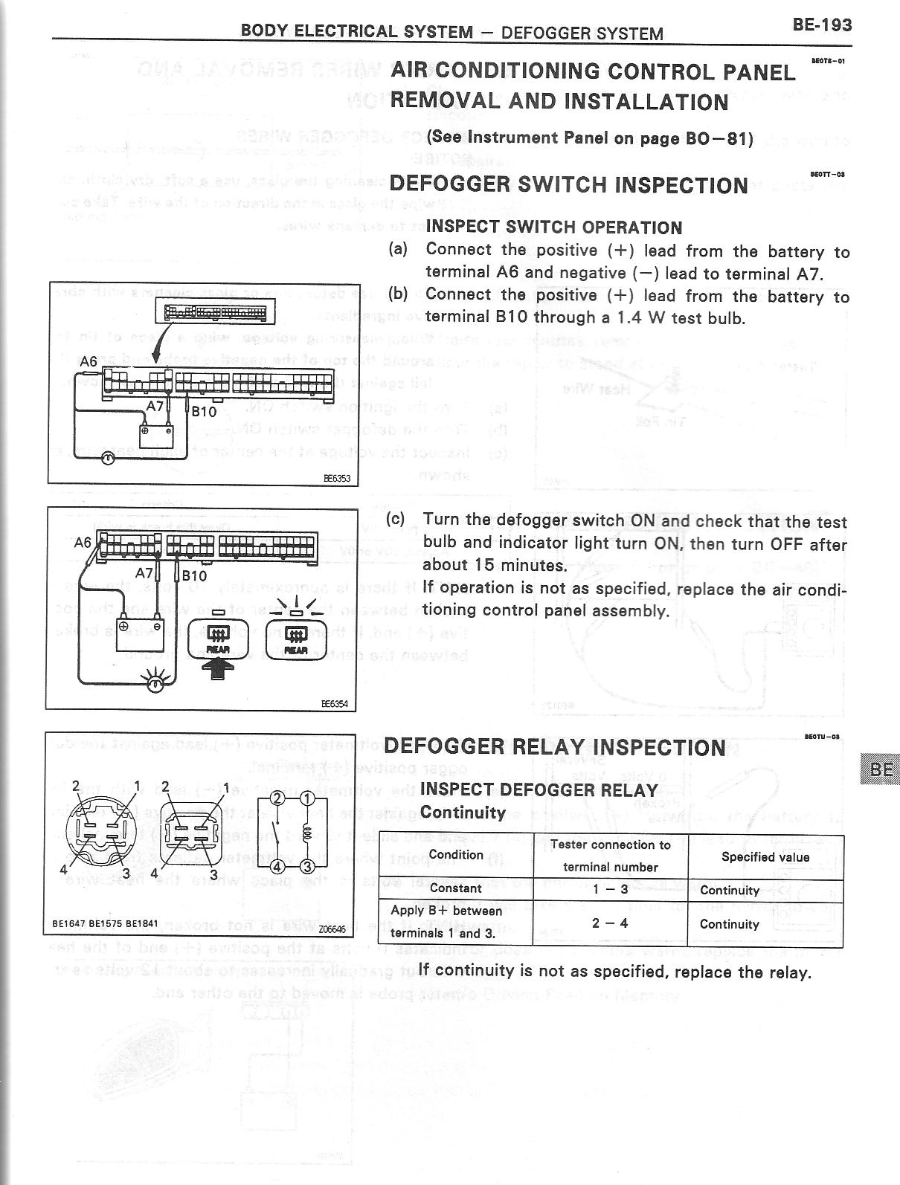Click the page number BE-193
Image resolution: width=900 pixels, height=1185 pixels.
[x=821, y=25]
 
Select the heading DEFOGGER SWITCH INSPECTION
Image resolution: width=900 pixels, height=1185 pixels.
[x=568, y=184]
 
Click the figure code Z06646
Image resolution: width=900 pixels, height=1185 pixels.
[x=332, y=929]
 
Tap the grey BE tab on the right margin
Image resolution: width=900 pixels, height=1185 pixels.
[x=880, y=769]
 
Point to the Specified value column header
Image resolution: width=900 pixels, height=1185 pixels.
[x=765, y=856]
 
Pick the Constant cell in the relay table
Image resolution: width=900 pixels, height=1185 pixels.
[x=455, y=888]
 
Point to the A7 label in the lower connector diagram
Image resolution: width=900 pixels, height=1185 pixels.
[x=144, y=573]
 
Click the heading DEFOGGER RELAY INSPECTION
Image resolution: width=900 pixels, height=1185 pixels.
[x=554, y=748]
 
